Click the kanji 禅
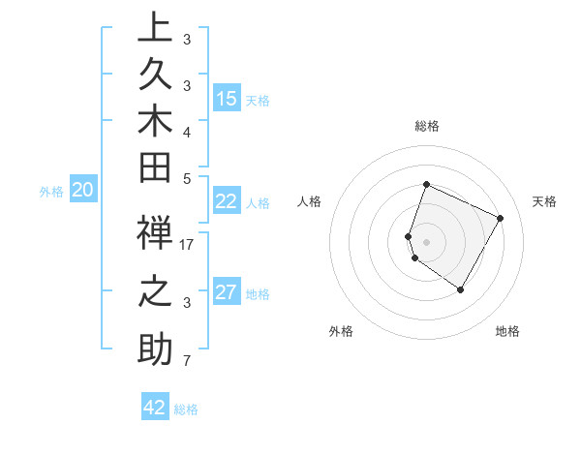pyautogui.click(x=154, y=235)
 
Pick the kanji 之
pyautogui.click(x=154, y=293)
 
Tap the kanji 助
pyautogui.click(x=154, y=350)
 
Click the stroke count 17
pyautogui.click(x=187, y=245)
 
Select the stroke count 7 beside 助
pyautogui.click(x=187, y=361)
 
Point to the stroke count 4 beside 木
pyautogui.click(x=187, y=132)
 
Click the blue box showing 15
pyautogui.click(x=227, y=99)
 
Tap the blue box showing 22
pyautogui.click(x=227, y=201)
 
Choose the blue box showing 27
pyautogui.click(x=227, y=292)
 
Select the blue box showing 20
pyautogui.click(x=83, y=191)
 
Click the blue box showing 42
pyautogui.click(x=155, y=408)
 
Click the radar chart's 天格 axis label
pyautogui.click(x=544, y=201)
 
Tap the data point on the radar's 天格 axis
pyautogui.click(x=501, y=218)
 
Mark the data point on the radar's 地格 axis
pyautogui.click(x=461, y=289)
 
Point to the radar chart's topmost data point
pyautogui.click(x=426, y=185)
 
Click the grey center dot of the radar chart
pyautogui.click(x=426, y=241)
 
